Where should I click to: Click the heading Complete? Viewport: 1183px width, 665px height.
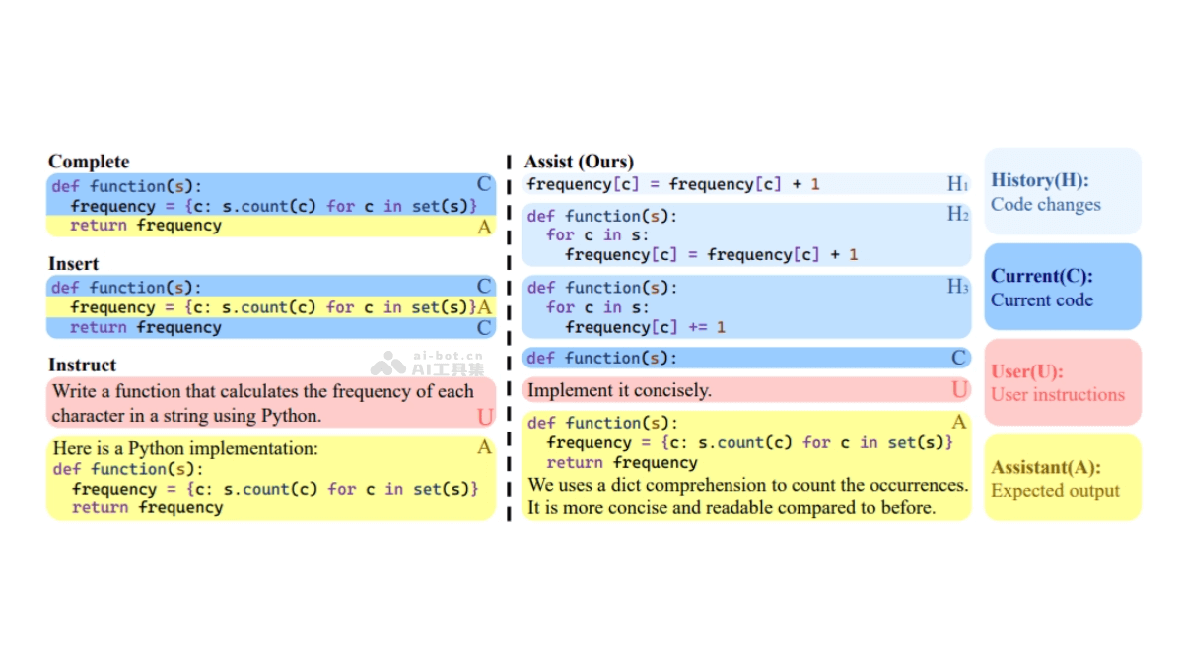tap(89, 162)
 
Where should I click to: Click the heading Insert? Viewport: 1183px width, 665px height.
tap(74, 263)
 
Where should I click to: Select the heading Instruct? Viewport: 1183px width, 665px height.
tap(82, 365)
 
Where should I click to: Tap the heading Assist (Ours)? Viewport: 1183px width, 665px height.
tap(579, 162)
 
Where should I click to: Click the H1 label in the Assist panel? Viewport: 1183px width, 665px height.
tap(957, 184)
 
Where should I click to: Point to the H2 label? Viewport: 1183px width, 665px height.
tap(957, 215)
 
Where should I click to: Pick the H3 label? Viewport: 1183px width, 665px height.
tap(957, 287)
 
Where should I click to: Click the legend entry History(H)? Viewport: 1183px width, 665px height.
tap(1039, 180)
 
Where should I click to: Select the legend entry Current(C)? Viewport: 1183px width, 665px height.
tap(1041, 276)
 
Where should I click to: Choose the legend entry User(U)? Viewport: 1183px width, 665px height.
tap(1026, 371)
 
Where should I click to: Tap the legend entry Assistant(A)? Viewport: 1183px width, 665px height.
tap(1045, 467)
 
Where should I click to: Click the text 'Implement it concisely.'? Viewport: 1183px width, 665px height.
tap(619, 390)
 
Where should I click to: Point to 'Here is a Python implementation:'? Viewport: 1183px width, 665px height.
tap(185, 448)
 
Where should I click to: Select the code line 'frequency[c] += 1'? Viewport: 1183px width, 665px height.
tap(645, 327)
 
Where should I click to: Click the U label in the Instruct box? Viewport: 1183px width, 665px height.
tap(484, 417)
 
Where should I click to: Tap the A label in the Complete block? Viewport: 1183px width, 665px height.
tap(484, 227)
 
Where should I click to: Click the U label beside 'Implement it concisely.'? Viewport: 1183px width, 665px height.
tap(959, 390)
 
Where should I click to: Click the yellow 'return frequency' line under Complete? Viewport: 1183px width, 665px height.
tap(146, 226)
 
